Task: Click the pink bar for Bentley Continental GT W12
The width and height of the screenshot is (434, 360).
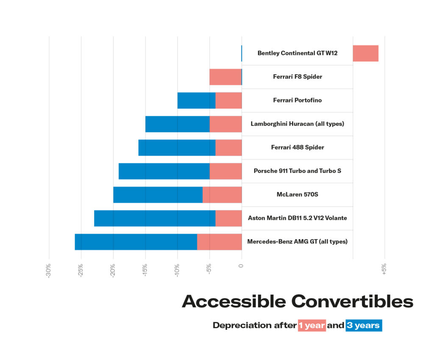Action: point(365,53)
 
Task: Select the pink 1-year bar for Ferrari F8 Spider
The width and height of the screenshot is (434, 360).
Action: point(225,77)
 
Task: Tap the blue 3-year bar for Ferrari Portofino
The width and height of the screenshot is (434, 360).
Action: point(196,100)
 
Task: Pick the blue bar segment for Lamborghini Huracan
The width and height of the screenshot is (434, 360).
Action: point(177,124)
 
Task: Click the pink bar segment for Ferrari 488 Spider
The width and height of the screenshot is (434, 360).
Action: point(228,148)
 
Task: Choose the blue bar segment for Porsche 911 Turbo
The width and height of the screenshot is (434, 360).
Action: point(164,171)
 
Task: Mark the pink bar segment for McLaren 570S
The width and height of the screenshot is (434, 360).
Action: point(222,195)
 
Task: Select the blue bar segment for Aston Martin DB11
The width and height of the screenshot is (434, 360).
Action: point(155,218)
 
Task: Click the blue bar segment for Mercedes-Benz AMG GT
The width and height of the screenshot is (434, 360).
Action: point(136,242)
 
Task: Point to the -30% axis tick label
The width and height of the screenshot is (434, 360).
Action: point(49,271)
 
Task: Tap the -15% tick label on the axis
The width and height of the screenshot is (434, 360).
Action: point(145,271)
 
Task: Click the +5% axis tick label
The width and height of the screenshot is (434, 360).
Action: point(384,270)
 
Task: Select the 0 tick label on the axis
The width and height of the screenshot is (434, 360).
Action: point(241,266)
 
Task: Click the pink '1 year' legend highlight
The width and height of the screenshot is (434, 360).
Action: point(312,326)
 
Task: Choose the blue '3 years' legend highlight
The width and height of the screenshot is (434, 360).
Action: point(364,326)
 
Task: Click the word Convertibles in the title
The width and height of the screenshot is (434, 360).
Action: point(352,301)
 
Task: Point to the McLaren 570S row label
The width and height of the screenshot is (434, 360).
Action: point(297,195)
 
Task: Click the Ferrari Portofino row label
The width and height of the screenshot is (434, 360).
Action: point(297,100)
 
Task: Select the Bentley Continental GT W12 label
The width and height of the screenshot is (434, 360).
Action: point(297,53)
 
